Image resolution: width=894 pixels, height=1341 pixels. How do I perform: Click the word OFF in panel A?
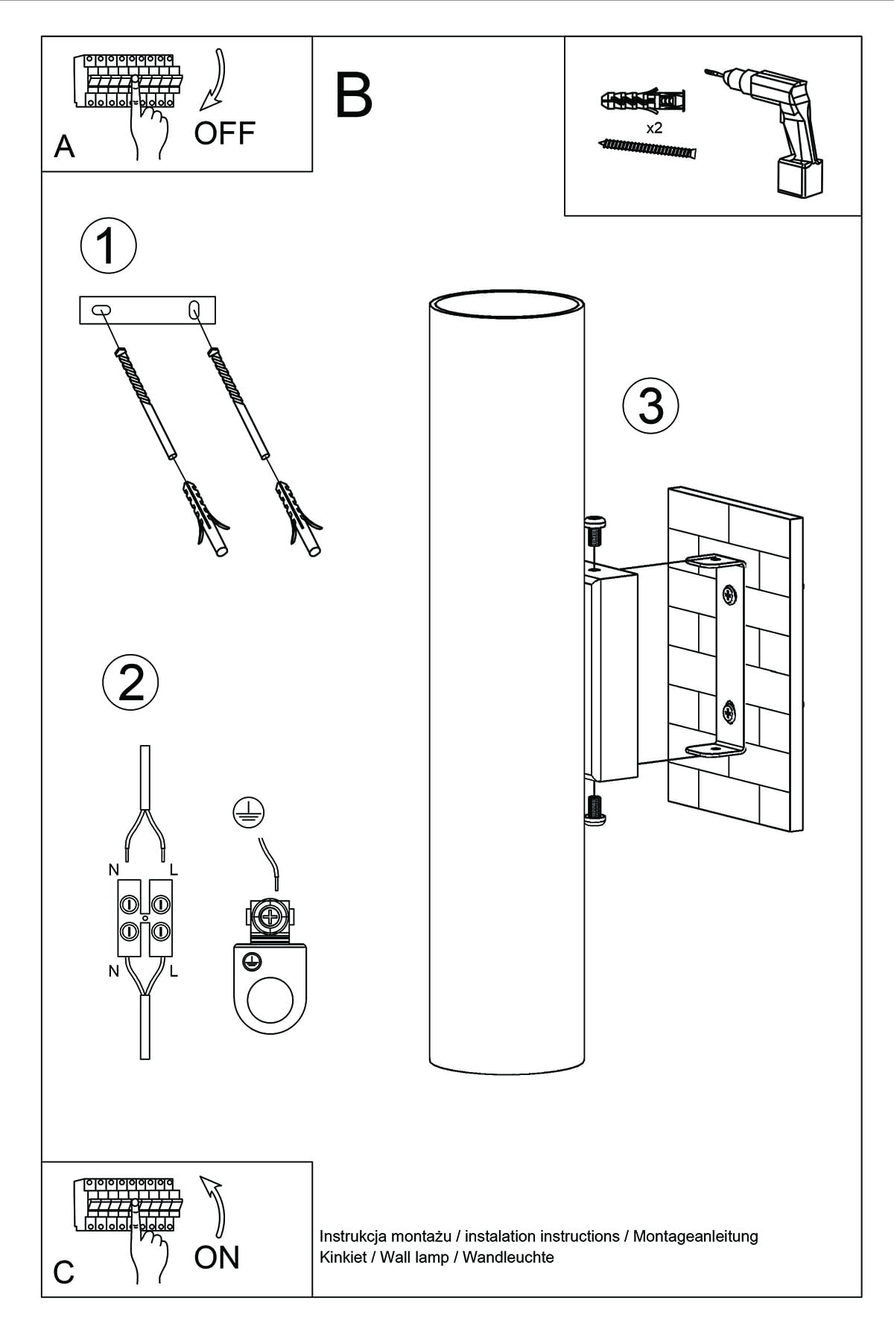(224, 133)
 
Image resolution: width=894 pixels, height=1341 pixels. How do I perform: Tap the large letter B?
(353, 96)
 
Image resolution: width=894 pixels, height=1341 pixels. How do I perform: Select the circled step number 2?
(130, 682)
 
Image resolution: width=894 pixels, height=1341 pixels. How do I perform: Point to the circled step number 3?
(650, 406)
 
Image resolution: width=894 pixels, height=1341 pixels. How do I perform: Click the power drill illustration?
(775, 127)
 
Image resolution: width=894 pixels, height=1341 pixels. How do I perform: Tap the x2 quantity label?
(654, 128)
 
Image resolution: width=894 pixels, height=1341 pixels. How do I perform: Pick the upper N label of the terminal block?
(113, 869)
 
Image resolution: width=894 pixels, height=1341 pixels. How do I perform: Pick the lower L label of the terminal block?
(174, 971)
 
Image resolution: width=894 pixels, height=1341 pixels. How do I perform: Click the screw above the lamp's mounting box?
(595, 531)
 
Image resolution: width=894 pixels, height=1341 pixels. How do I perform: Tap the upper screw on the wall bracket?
(729, 595)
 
